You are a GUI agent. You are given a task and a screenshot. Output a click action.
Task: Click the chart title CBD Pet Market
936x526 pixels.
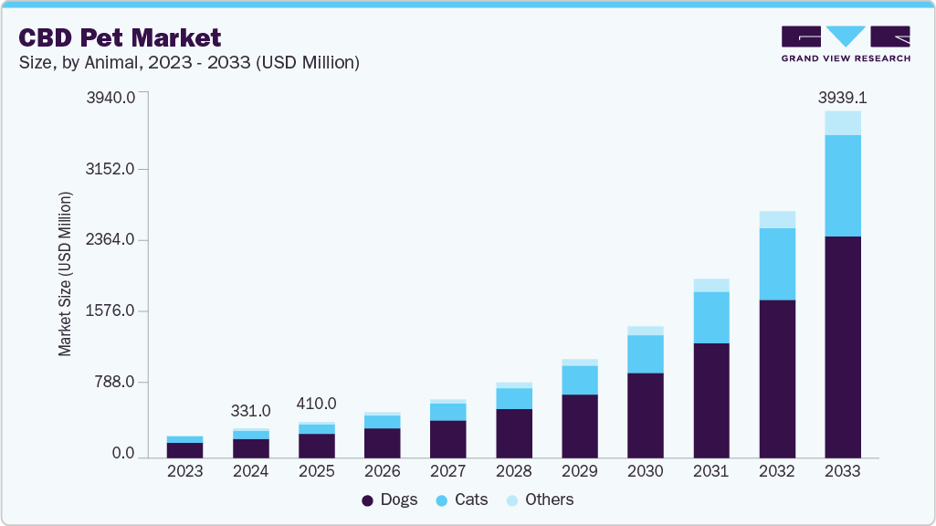click(118, 37)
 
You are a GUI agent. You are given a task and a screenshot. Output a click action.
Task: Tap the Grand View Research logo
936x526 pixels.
click(845, 44)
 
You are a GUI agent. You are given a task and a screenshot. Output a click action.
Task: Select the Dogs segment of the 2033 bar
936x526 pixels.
click(842, 347)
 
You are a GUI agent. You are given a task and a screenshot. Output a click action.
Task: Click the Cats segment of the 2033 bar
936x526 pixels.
click(842, 185)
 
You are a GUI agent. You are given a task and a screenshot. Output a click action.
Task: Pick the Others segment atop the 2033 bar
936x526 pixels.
click(842, 123)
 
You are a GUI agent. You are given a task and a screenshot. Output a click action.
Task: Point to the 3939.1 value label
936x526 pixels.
click(842, 97)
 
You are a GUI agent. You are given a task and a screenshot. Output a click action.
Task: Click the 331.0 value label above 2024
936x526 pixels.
click(251, 412)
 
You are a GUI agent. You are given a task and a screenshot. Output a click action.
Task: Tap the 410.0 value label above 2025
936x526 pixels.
click(317, 404)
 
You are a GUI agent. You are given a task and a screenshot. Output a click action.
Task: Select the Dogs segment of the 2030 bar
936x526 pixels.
click(645, 416)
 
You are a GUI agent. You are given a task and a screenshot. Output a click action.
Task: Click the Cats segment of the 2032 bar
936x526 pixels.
click(776, 264)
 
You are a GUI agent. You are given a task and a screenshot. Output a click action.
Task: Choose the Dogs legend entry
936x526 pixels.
click(390, 500)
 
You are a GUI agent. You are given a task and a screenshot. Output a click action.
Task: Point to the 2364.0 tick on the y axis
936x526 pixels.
click(110, 240)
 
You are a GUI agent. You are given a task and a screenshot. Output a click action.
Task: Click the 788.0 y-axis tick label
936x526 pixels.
click(115, 382)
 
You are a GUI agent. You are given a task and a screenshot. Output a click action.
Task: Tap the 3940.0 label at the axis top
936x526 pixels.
click(110, 97)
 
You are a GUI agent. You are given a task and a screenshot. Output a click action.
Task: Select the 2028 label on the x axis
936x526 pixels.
click(514, 471)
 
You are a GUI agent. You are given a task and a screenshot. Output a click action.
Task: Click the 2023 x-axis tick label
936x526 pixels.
click(185, 471)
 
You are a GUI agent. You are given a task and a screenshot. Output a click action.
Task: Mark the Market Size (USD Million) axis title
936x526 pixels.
click(65, 274)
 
